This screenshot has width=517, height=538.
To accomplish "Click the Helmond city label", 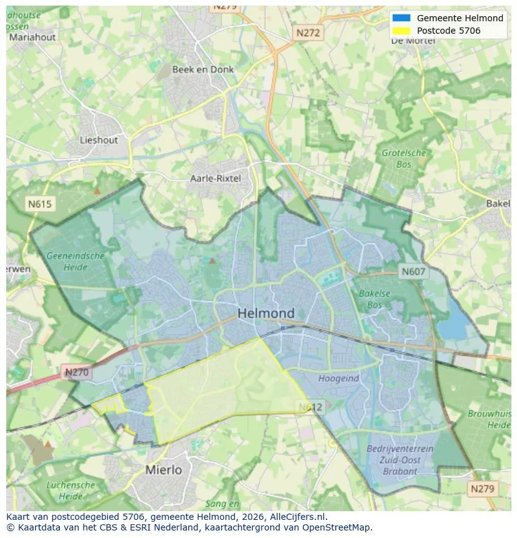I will click(266, 313).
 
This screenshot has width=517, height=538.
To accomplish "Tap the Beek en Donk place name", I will click(203, 69).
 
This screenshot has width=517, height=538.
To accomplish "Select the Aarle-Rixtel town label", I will click(215, 179).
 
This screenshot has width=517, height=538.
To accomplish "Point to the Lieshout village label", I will click(99, 140).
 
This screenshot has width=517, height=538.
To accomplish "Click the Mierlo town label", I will click(164, 469).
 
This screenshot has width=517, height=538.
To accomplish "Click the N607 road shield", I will click(413, 271).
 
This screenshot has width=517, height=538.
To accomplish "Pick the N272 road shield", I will click(308, 33).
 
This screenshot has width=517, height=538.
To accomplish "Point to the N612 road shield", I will click(310, 407).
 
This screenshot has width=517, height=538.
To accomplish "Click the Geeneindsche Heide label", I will click(75, 261).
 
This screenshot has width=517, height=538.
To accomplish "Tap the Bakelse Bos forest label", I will click(375, 299).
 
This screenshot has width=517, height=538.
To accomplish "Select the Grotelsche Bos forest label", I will click(404, 159).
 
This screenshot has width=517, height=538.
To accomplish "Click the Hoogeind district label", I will click(338, 378).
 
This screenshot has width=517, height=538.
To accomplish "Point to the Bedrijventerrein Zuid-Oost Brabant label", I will click(392, 460).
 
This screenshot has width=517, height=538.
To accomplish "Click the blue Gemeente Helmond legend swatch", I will click(401, 18).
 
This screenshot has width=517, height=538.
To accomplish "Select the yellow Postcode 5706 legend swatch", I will click(401, 31).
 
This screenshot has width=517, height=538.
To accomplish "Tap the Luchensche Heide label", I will click(71, 491).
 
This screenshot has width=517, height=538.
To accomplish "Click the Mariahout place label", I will click(31, 37).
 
